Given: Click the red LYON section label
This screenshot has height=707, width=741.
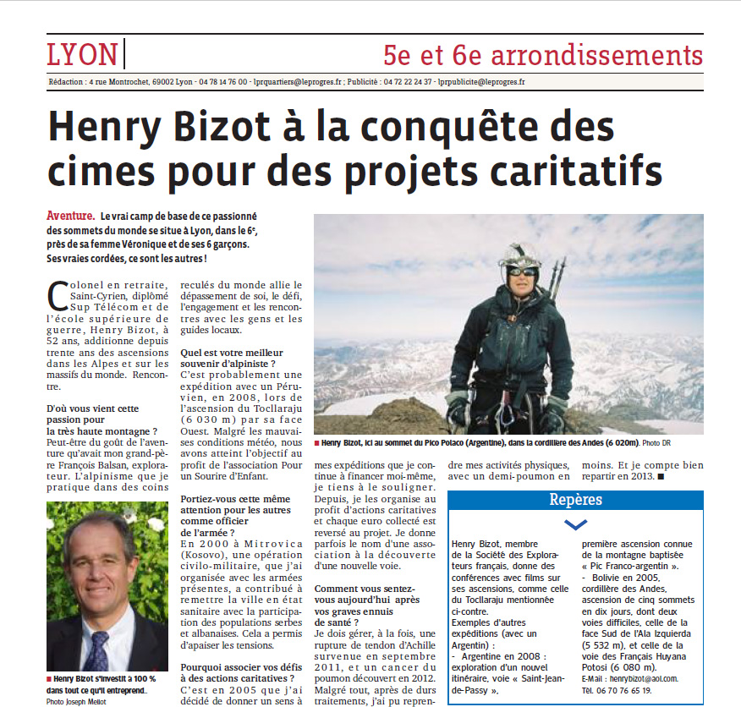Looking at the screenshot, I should click(x=82, y=55).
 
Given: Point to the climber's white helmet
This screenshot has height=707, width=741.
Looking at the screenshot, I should click(x=520, y=255).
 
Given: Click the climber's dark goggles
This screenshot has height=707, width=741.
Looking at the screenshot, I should click(x=522, y=271).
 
